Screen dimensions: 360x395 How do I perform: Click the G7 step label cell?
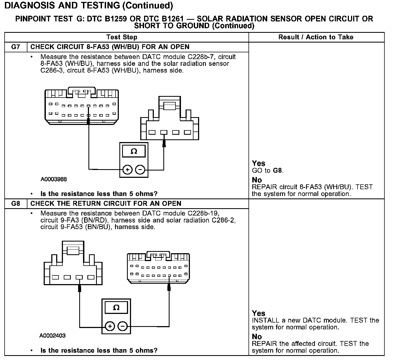tap(16, 47)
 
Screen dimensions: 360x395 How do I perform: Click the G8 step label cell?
tap(16, 204)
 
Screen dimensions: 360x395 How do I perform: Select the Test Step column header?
tap(122, 37)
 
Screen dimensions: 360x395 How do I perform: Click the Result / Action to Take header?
tap(316, 37)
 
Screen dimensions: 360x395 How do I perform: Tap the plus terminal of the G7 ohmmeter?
tap(127, 170)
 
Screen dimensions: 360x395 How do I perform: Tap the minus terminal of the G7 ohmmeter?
tap(140, 170)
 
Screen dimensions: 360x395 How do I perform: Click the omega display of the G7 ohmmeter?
tap(134, 151)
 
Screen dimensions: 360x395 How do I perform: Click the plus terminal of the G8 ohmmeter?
tap(110, 326)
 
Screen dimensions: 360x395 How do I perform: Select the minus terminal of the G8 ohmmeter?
tap(123, 326)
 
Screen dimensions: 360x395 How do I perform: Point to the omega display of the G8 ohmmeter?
tap(116, 308)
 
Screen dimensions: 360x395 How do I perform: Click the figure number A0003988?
tap(54, 179)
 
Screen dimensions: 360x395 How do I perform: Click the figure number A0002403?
tap(52, 336)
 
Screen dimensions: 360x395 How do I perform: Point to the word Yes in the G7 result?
tap(258, 163)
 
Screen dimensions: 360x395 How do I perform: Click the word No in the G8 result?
tap(257, 336)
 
